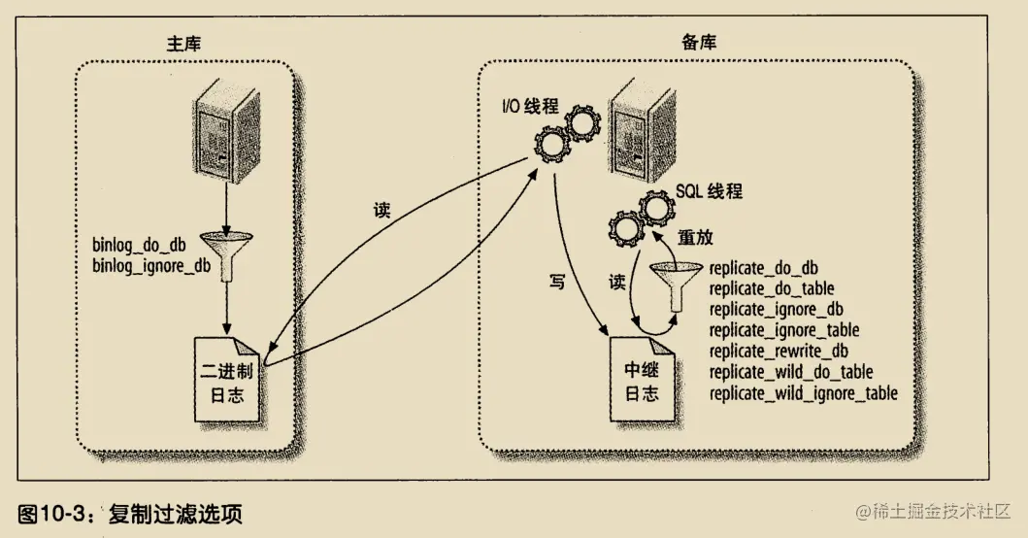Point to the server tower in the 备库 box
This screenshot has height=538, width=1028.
point(642,130)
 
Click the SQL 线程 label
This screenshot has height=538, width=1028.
point(709,192)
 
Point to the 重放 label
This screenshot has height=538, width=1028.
point(699,237)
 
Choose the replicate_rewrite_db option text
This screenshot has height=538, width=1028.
point(779,351)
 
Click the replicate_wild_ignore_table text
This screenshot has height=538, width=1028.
point(803,393)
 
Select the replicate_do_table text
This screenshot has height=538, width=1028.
point(772,288)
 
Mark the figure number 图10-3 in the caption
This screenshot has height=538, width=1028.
point(54,512)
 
